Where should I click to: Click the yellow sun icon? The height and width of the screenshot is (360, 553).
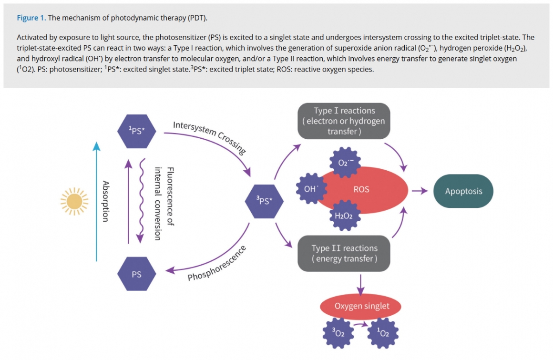tap(74, 201)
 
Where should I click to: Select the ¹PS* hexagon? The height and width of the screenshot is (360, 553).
tap(137, 131)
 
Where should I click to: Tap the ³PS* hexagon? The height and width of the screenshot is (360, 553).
tap(264, 201)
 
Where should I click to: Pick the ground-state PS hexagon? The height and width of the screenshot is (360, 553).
tap(137, 274)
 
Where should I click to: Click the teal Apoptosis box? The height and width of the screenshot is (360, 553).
tap(463, 191)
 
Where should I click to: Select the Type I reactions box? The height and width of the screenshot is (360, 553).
tap(344, 121)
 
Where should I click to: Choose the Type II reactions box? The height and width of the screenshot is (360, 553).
tap(344, 254)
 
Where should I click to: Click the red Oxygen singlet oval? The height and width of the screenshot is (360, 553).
tap(360, 306)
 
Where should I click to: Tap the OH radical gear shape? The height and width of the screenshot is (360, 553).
tap(311, 189)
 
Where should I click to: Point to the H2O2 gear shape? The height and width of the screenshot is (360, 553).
tap(345, 216)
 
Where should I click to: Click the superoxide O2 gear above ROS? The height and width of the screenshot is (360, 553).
tap(345, 163)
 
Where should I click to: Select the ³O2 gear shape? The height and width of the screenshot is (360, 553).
tap(338, 333)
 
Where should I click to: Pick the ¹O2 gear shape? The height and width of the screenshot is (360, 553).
tap(383, 333)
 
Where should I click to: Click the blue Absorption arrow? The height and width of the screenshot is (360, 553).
tap(96, 201)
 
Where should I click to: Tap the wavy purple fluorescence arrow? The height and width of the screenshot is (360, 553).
tap(141, 201)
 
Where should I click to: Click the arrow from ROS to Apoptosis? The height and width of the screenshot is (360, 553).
tap(420, 191)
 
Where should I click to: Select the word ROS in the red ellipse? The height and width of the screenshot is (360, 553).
tap(361, 189)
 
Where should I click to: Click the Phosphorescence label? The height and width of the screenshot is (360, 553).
tap(217, 263)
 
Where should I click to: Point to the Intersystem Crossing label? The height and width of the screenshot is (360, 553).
tap(209, 137)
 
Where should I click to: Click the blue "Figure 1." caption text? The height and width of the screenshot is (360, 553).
tap(31, 18)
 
